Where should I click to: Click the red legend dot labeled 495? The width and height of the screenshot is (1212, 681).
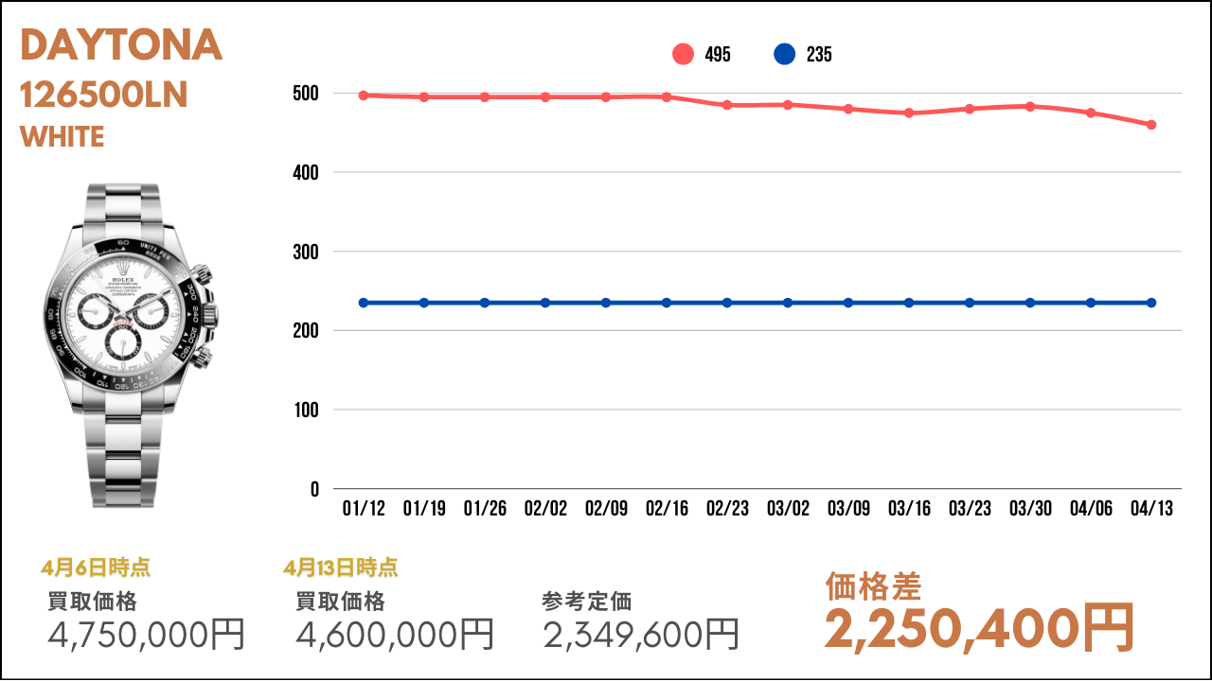pyautogui.click(x=683, y=55)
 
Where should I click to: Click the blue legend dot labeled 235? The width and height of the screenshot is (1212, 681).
pyautogui.click(x=784, y=55)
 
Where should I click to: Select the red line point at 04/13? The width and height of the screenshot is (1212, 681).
pyautogui.click(x=1151, y=125)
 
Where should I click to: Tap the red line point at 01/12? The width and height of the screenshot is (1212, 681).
pyautogui.click(x=364, y=96)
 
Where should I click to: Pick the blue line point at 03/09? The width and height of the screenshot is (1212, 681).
pyautogui.click(x=848, y=303)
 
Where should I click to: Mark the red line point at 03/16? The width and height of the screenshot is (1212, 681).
pyautogui.click(x=909, y=113)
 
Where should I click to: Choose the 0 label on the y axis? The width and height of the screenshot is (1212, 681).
pyautogui.click(x=313, y=490)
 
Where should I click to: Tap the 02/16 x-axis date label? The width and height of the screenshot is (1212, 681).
pyautogui.click(x=667, y=509)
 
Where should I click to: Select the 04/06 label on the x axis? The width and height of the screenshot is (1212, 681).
pyautogui.click(x=1091, y=509)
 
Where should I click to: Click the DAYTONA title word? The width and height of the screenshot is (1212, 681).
pyautogui.click(x=121, y=46)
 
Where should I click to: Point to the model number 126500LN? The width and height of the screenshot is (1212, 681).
pyautogui.click(x=104, y=95)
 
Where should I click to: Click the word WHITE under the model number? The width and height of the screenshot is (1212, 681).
pyautogui.click(x=62, y=137)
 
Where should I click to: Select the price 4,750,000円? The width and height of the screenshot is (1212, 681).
pyautogui.click(x=147, y=634)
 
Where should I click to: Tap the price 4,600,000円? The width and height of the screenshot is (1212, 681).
pyautogui.click(x=395, y=634)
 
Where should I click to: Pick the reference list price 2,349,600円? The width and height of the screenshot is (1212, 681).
pyautogui.click(x=641, y=634)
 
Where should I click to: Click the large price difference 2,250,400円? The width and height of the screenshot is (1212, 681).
pyautogui.click(x=979, y=627)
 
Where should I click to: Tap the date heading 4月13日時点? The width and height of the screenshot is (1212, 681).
pyautogui.click(x=340, y=568)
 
